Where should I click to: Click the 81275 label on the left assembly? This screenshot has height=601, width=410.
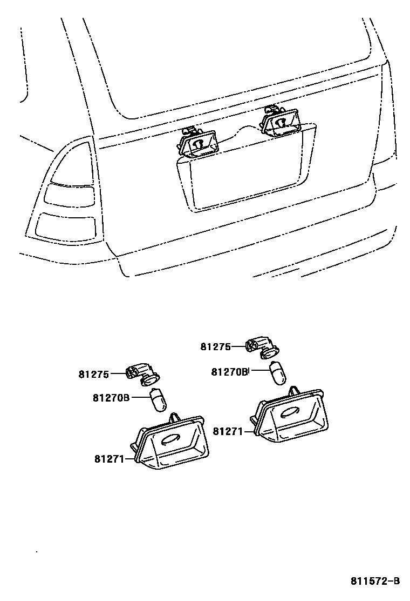click(x=94, y=374)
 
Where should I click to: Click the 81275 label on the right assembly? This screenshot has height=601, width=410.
click(x=216, y=347)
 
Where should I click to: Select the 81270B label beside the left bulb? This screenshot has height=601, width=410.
click(x=111, y=398)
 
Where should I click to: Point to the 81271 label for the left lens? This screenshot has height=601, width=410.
click(x=110, y=459)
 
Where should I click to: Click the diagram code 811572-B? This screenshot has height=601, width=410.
click(x=375, y=582)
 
